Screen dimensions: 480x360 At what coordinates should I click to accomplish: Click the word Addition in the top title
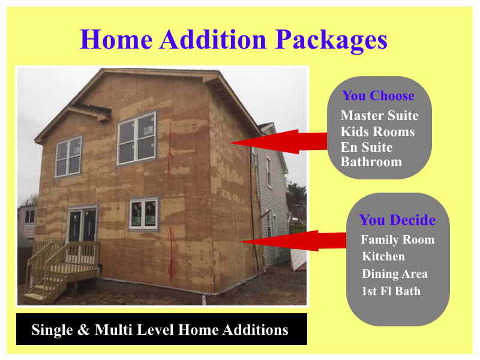(x=213, y=39)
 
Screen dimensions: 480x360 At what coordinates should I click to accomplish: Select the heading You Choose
(x=378, y=95)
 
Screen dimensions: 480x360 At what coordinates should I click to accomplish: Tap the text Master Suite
(x=380, y=115)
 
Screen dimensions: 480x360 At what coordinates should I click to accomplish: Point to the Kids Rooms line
(x=378, y=131)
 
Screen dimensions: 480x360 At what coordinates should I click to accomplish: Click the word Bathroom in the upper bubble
(x=371, y=161)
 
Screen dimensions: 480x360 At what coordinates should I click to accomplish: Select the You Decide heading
(x=397, y=220)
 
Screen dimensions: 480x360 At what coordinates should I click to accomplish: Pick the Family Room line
(x=398, y=239)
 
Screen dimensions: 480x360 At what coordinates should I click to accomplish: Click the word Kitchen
(x=383, y=256)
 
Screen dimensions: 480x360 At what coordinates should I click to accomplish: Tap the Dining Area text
(x=395, y=274)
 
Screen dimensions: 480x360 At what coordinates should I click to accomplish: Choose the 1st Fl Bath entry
(x=391, y=291)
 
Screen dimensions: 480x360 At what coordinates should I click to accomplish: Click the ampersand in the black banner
(x=83, y=329)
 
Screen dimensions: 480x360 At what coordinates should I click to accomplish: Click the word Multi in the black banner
(x=113, y=329)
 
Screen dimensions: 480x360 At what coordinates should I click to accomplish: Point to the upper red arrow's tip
(x=231, y=143)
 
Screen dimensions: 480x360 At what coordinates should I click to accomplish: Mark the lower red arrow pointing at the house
(x=293, y=241)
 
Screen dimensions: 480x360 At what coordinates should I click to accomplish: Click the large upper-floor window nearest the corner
(x=137, y=138)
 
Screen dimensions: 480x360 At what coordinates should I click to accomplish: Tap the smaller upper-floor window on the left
(x=68, y=157)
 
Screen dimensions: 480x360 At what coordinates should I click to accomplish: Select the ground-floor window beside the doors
(x=143, y=214)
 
